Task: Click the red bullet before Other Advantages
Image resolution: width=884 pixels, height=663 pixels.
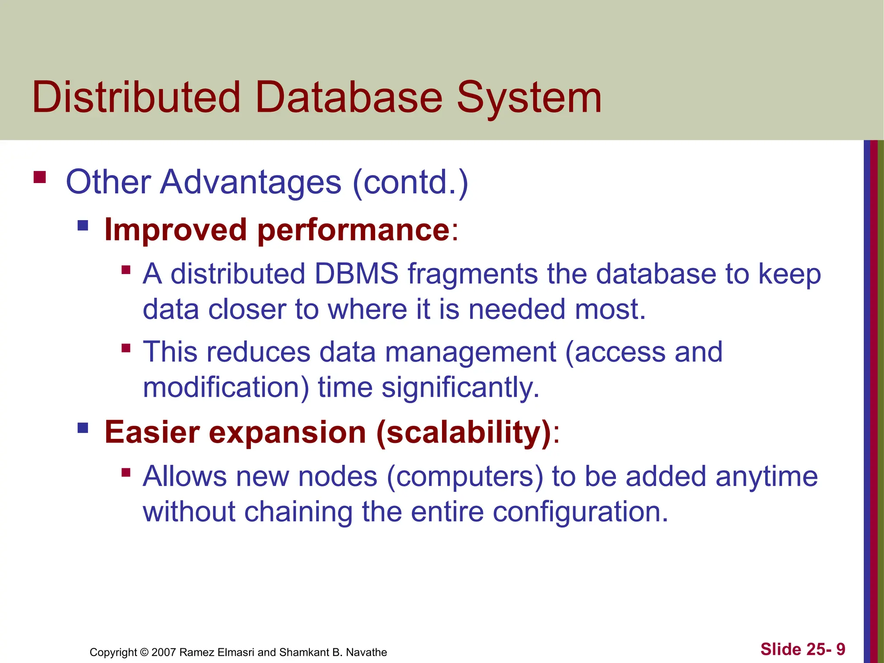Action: [x=40, y=177]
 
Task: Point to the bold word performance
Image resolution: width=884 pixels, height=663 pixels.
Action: [x=354, y=230]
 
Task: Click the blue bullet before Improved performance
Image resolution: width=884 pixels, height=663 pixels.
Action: [x=83, y=225]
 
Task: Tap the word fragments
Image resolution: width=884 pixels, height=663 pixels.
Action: [x=473, y=275]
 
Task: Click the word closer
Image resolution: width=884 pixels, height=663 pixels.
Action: [x=247, y=309]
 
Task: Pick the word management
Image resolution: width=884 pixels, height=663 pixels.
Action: [x=470, y=352]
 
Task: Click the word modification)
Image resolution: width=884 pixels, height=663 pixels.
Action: [x=226, y=387]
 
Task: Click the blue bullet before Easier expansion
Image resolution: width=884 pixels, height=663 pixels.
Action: [x=83, y=428]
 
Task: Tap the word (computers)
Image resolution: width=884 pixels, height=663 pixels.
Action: [x=465, y=477]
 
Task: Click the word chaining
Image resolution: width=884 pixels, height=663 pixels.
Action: [x=298, y=512]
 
